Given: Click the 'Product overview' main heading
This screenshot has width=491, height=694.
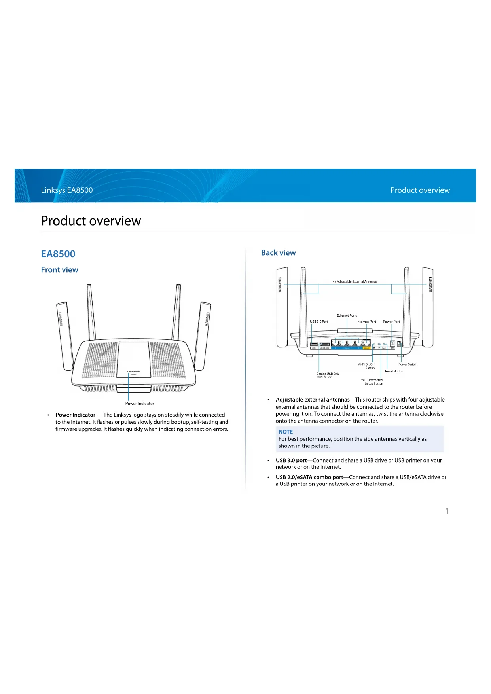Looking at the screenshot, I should pyautogui.click(x=91, y=221).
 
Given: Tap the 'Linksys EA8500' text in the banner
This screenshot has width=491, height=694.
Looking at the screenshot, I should pyautogui.click(x=67, y=190).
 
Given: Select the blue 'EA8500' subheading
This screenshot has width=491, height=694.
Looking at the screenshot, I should pyautogui.click(x=58, y=254).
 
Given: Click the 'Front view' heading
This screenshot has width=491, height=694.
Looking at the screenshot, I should pyautogui.click(x=59, y=270).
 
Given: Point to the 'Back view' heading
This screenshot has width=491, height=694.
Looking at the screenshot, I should pyautogui.click(x=278, y=253).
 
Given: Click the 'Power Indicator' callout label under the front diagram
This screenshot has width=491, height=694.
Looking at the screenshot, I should pyautogui.click(x=140, y=404).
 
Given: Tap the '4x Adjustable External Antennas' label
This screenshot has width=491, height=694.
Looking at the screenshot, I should pyautogui.click(x=355, y=281).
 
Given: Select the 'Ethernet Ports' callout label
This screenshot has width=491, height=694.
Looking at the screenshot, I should pyautogui.click(x=347, y=315).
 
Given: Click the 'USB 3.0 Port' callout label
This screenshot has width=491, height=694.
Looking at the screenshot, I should pyautogui.click(x=318, y=322).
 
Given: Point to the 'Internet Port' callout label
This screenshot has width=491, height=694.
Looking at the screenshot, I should pyautogui.click(x=366, y=322).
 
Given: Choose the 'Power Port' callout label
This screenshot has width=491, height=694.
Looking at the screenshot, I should pyautogui.click(x=391, y=322).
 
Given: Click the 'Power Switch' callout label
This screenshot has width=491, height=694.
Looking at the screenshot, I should pyautogui.click(x=408, y=364).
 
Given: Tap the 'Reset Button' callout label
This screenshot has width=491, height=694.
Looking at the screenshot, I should pyautogui.click(x=394, y=371).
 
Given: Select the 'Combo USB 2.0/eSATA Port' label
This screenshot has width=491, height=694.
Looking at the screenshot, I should pyautogui.click(x=327, y=375).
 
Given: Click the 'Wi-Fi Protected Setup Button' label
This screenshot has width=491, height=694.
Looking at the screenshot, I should pyautogui.click(x=372, y=381).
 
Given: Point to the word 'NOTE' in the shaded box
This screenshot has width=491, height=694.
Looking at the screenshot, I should pyautogui.click(x=285, y=432).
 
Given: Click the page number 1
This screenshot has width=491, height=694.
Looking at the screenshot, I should pyautogui.click(x=447, y=511).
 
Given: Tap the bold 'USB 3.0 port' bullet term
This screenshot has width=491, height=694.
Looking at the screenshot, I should pyautogui.click(x=291, y=460).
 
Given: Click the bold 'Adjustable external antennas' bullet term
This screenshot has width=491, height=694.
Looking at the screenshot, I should pyautogui.click(x=313, y=400).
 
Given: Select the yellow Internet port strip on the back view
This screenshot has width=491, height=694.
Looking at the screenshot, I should pyautogui.click(x=366, y=348).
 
